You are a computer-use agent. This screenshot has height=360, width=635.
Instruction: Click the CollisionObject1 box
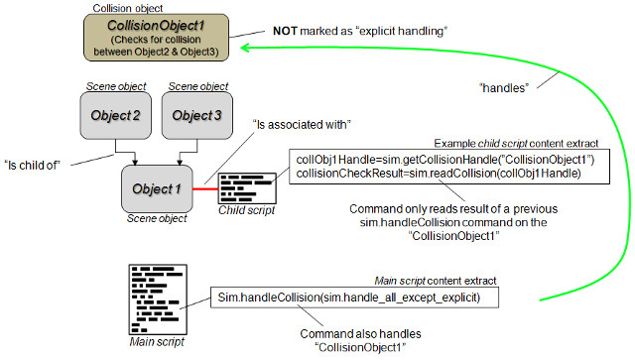157,38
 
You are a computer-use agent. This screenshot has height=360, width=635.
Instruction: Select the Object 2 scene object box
116,115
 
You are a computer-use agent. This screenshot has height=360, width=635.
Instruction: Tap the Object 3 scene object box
197,115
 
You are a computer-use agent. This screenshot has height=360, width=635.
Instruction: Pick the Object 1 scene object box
157,188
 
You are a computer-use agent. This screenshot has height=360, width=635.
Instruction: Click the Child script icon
247,188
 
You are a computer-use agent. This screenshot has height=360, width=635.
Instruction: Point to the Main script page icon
158,300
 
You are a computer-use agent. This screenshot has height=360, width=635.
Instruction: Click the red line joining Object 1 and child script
205,188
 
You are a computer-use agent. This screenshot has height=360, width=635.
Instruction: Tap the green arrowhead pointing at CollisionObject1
246,48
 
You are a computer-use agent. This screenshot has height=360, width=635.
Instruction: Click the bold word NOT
285,31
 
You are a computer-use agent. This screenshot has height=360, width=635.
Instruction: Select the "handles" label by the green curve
504,88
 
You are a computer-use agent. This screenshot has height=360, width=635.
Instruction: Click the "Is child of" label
32,166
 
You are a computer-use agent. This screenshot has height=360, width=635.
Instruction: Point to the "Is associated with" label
302,124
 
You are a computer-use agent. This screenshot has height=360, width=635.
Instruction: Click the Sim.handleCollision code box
354,298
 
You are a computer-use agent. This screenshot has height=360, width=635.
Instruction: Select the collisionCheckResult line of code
439,174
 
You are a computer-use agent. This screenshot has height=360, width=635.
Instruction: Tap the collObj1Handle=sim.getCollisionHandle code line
445,160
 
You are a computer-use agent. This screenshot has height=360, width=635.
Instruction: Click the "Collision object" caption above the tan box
128,8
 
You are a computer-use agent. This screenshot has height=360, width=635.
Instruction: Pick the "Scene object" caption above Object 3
198,86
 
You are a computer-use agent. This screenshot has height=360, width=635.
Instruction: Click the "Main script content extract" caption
436,281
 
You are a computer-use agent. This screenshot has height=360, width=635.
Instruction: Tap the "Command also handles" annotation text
360,333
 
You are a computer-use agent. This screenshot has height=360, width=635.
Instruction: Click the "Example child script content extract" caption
516,144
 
